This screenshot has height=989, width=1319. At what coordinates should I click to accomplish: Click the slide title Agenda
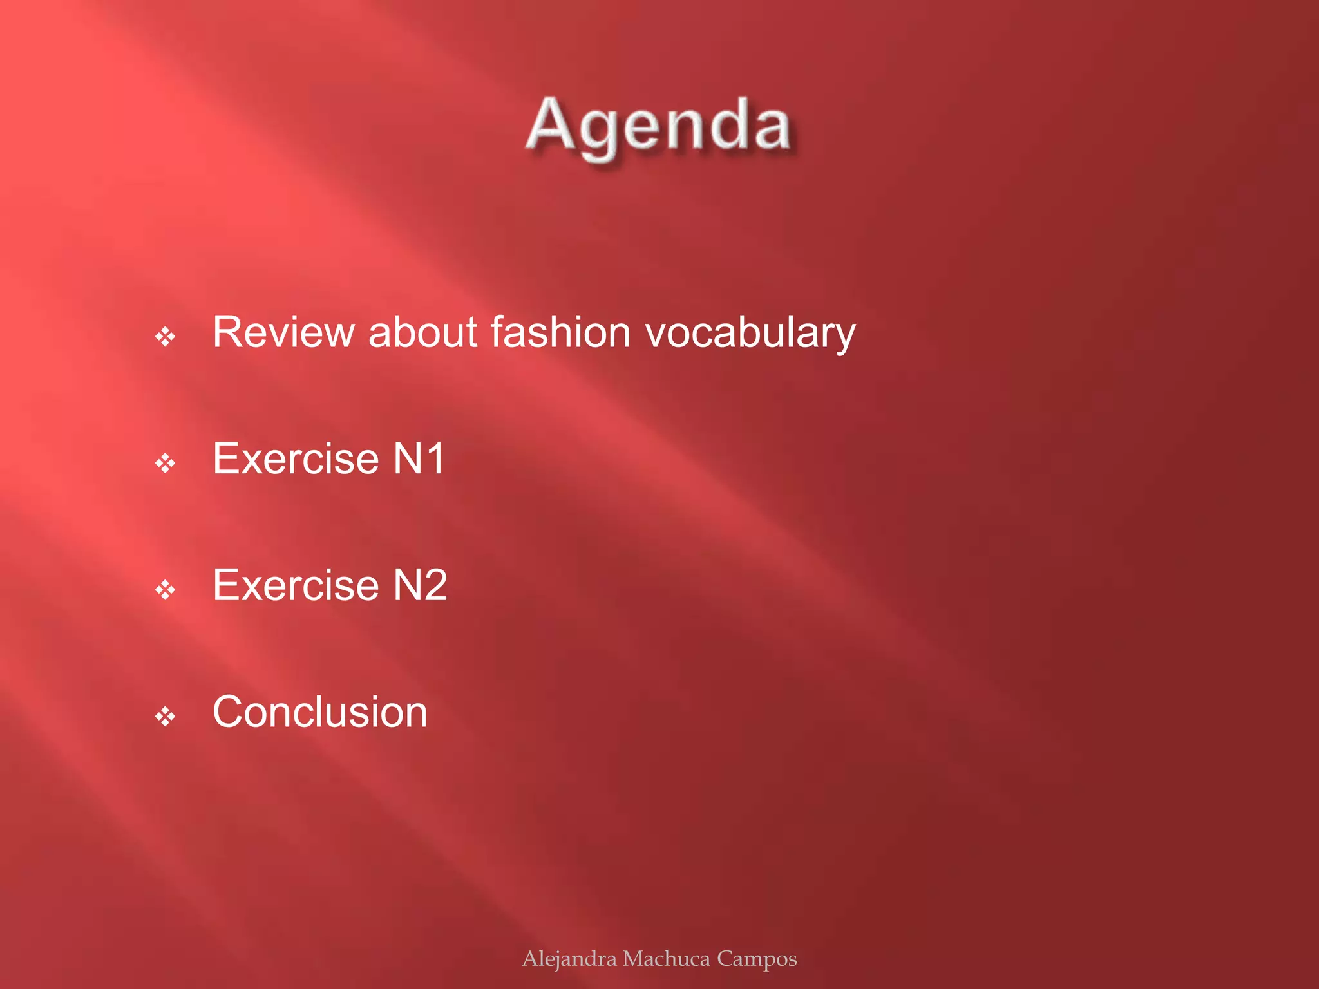point(659,126)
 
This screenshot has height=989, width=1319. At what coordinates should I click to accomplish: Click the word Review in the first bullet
point(283,332)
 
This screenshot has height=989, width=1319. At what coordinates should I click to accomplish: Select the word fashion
point(560,332)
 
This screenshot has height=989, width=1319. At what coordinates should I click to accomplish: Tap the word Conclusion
point(320,712)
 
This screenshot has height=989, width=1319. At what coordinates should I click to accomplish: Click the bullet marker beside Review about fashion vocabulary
point(166,336)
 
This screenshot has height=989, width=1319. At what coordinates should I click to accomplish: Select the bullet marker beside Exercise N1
point(166,463)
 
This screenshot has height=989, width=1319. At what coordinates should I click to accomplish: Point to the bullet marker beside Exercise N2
point(166,589)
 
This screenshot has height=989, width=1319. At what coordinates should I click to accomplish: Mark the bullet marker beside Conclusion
point(166,716)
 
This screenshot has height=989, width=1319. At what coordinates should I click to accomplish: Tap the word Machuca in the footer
point(667,959)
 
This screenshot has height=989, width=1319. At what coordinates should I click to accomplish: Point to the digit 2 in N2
point(434,585)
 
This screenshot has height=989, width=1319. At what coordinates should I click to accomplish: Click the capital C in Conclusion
point(229,712)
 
